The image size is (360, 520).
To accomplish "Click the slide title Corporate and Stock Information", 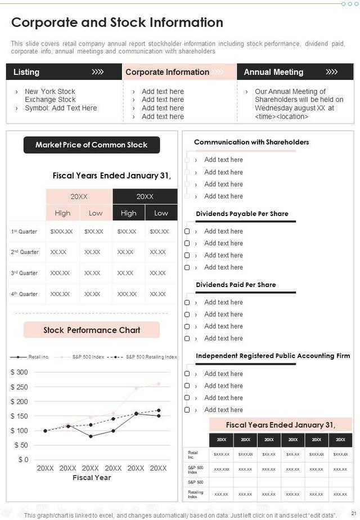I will point(117,23).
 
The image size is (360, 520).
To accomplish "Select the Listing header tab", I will point(26,72).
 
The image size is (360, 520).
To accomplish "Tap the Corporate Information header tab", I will point(167,72).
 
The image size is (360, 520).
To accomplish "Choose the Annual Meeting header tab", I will point(273,72).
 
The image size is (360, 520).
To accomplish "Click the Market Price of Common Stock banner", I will point(92,145).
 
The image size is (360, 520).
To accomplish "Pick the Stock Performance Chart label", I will point(92,330).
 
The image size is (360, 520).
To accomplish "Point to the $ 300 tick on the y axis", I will point(19,372).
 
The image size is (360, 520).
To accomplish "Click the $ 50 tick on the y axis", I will point(21,445).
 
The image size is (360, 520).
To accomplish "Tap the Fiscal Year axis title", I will point(92,478).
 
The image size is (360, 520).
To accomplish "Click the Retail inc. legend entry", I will point(39,357).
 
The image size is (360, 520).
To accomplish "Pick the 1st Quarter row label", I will point(24,231).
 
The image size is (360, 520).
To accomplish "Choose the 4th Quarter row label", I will point(24,294).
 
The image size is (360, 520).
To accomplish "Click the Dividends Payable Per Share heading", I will point(242,214).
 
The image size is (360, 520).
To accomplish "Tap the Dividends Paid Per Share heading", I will point(236,285).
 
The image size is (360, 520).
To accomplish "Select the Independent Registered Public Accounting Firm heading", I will point(273,356).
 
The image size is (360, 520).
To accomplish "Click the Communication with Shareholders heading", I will point(251,142).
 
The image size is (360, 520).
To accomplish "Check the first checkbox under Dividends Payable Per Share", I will point(187,231).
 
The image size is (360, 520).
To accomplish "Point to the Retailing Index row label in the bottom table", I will point(193,494).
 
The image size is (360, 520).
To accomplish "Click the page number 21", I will point(353,515).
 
